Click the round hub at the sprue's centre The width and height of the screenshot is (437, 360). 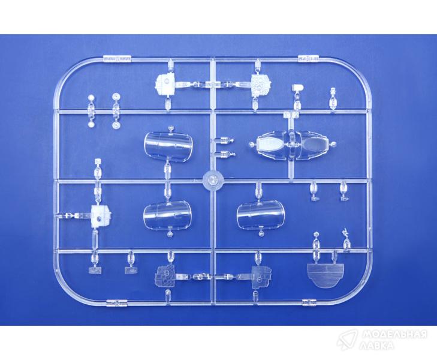[213, 180]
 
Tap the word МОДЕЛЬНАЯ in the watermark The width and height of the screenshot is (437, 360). [394, 334]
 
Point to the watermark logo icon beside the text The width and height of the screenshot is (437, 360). [347, 339]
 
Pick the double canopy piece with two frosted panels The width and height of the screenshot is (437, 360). [291, 146]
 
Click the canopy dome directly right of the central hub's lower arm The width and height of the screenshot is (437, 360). [261, 215]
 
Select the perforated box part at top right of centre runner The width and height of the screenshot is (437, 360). [261, 85]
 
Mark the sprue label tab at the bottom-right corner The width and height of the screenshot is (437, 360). [309, 302]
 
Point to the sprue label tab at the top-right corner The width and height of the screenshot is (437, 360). [308, 59]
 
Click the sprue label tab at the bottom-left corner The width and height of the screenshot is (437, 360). [117, 303]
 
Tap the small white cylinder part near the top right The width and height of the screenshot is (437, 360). [298, 88]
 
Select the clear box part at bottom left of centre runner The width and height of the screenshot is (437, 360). [165, 277]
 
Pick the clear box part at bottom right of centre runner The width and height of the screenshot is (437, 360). [261, 277]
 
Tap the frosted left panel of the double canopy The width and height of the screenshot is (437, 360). [270, 145]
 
